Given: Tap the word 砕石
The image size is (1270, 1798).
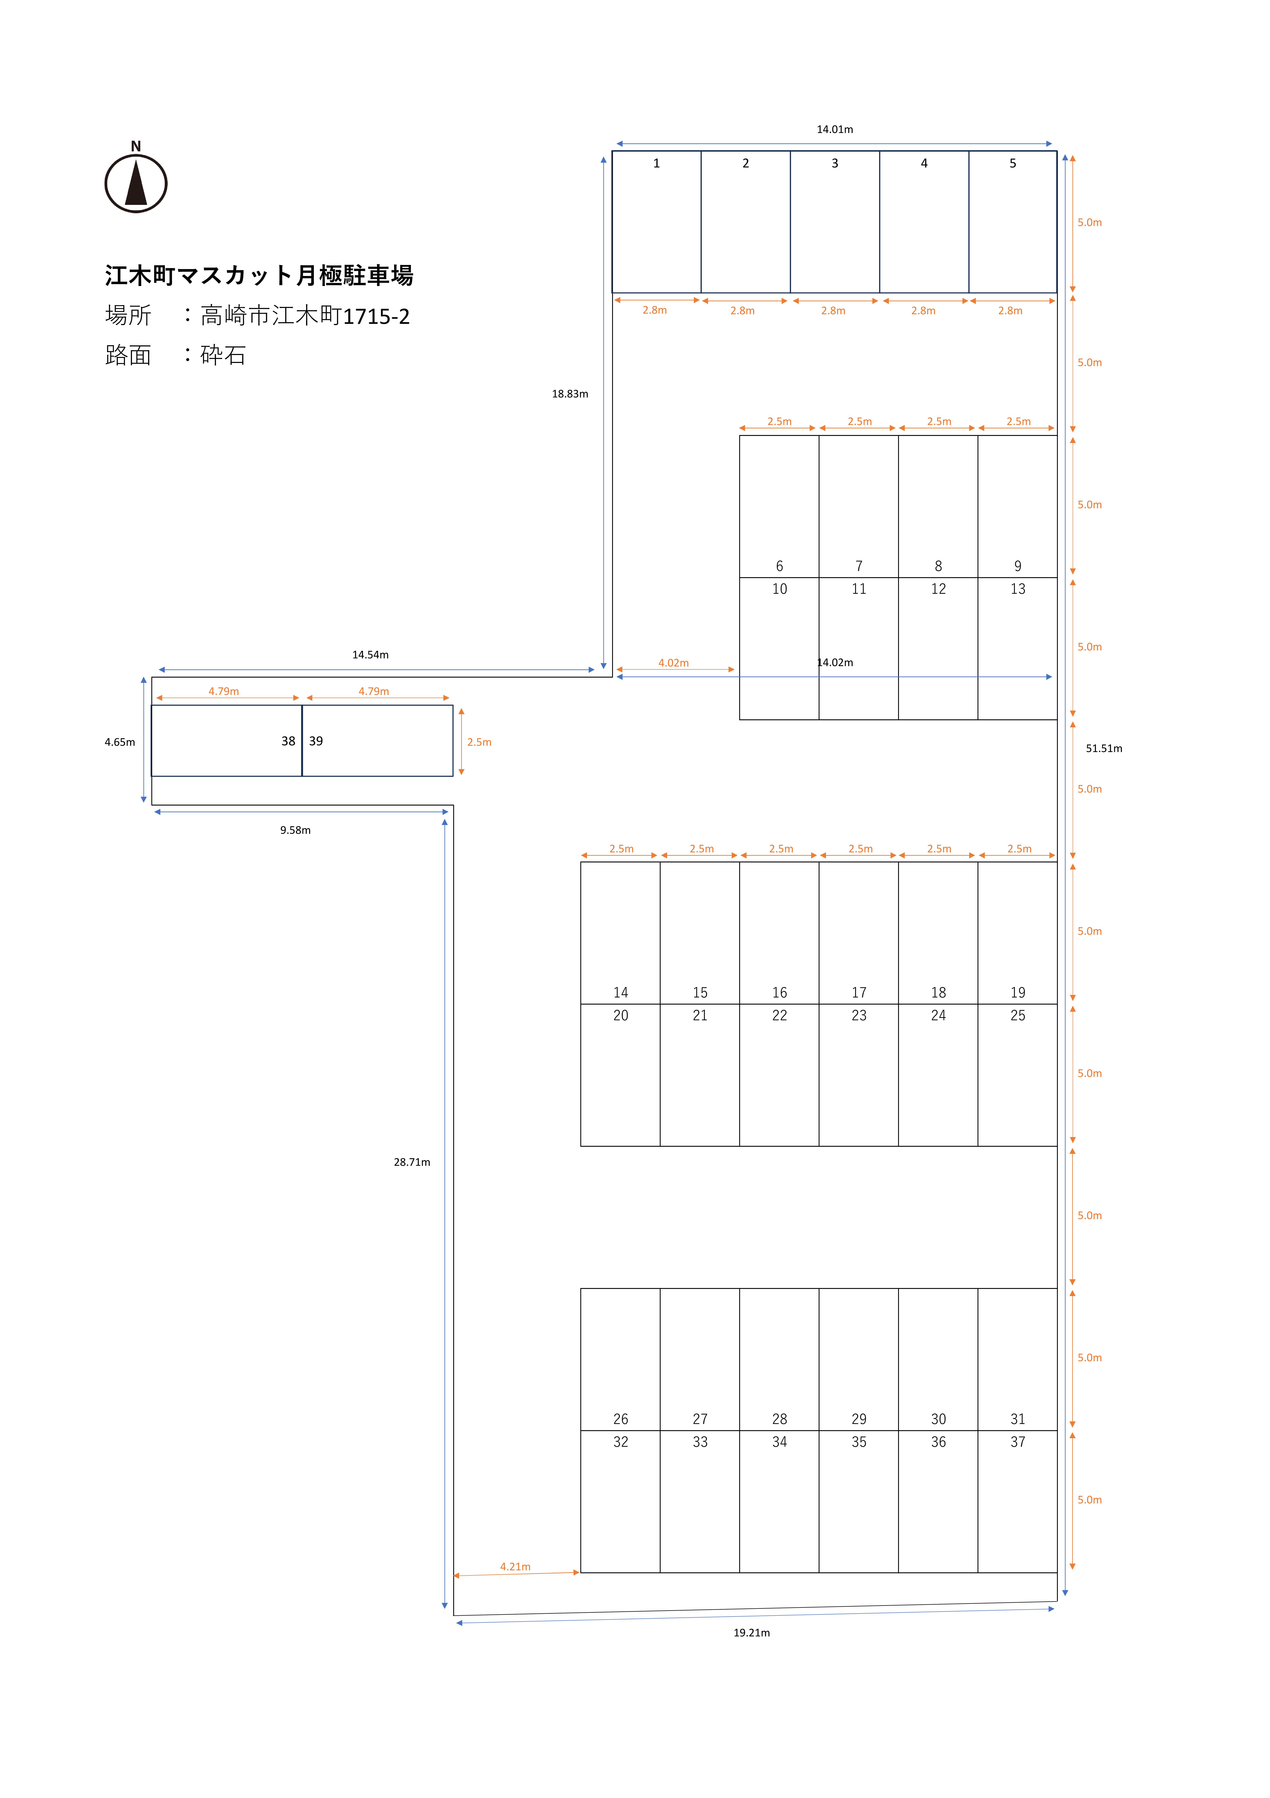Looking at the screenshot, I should click(x=223, y=356).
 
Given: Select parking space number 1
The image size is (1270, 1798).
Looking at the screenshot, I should click(x=656, y=222).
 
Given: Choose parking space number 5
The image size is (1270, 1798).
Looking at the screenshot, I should click(x=1012, y=222).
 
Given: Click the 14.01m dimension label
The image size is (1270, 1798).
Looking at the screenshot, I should click(x=835, y=129).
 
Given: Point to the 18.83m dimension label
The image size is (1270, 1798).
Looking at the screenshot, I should click(x=570, y=394).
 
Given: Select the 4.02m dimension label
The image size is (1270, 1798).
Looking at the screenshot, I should click(x=673, y=663).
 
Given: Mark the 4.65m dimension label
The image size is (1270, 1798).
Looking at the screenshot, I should click(x=120, y=742).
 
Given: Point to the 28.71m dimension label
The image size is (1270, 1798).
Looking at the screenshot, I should click(x=412, y=1162).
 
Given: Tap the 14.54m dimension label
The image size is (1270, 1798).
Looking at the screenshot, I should click(x=370, y=655).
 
